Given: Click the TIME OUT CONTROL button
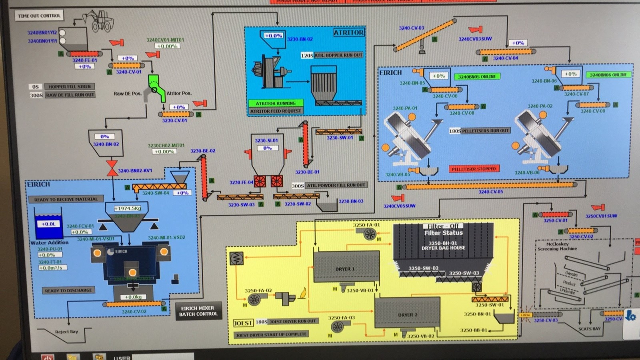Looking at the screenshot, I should [x=39, y=16].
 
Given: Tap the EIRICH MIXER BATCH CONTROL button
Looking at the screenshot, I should [x=198, y=311].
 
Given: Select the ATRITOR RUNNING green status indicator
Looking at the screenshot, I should [x=276, y=103].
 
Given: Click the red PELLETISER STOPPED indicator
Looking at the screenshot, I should [x=474, y=169].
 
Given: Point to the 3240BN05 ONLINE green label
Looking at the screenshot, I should [x=476, y=76].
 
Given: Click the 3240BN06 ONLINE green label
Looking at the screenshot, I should [x=608, y=75].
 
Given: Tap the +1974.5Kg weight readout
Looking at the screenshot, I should [x=128, y=208].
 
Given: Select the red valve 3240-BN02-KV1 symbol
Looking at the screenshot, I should [x=112, y=168].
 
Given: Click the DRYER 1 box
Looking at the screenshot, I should [x=346, y=267].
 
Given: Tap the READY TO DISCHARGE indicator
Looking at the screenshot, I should [x=68, y=290].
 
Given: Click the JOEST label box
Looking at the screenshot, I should [x=243, y=323].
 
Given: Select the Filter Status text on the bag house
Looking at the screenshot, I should [x=443, y=233].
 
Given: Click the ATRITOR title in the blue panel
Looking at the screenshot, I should [x=349, y=32].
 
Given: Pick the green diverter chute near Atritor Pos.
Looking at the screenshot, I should [x=156, y=86].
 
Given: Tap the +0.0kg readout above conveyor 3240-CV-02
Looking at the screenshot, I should [x=133, y=297].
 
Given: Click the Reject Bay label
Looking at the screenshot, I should [x=66, y=332].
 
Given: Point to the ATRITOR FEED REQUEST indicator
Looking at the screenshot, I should [x=276, y=111].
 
